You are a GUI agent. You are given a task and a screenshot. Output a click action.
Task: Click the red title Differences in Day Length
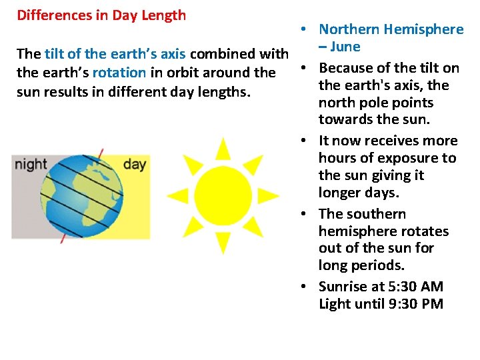(101, 15)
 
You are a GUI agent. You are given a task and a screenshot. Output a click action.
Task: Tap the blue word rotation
(119, 73)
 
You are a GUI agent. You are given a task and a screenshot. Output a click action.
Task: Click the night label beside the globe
(31, 164)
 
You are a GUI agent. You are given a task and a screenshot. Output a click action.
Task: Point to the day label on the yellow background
(135, 164)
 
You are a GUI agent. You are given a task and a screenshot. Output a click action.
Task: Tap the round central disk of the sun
(223, 194)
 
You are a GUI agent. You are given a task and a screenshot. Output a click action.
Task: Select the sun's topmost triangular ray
(223, 148)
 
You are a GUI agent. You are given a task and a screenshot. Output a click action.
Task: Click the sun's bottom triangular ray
(223, 241)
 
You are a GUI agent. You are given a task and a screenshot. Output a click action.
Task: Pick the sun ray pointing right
(267, 195)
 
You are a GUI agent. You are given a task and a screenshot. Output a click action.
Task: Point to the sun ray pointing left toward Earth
(178, 195)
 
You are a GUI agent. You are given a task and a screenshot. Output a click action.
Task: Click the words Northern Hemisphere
(391, 29)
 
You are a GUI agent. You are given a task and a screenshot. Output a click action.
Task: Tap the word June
(345, 47)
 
